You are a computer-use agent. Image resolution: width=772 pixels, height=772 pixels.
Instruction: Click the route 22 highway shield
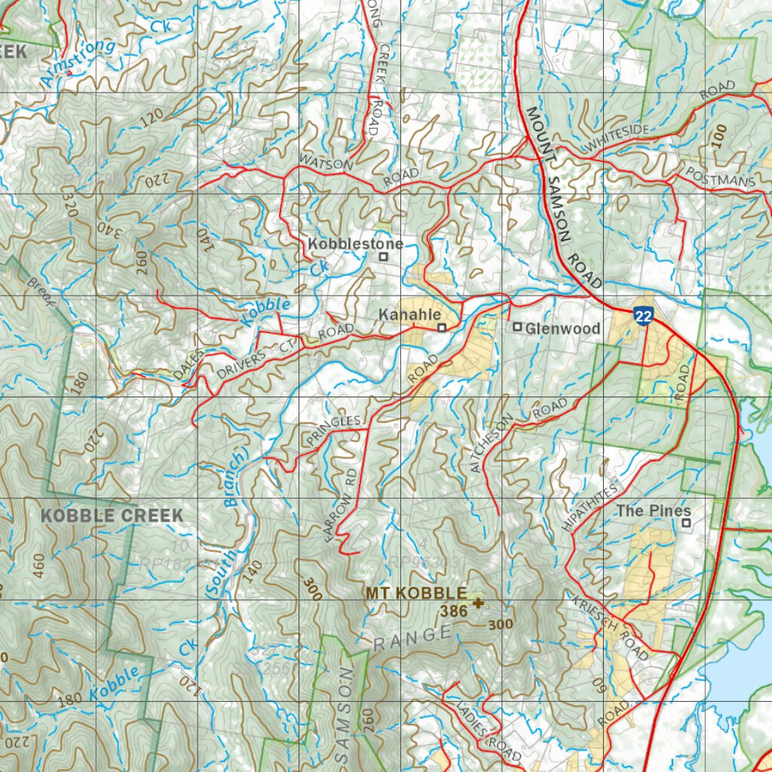pyautogui.click(x=642, y=316)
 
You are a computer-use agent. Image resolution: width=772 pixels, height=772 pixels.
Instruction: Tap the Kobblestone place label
pyautogui.click(x=355, y=244)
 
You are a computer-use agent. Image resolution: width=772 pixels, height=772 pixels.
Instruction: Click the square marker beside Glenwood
pyautogui.click(x=518, y=327)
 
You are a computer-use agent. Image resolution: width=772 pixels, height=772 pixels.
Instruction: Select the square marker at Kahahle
pyautogui.click(x=443, y=327)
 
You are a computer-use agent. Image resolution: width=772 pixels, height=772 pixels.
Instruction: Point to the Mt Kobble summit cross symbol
pyautogui.click(x=477, y=602)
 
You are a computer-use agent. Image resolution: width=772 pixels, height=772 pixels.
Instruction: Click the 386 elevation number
pyautogui.click(x=455, y=612)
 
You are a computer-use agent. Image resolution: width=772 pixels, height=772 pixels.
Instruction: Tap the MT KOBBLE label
pyautogui.click(x=416, y=593)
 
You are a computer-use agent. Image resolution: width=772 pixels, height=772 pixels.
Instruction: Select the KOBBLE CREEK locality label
pyautogui.click(x=112, y=516)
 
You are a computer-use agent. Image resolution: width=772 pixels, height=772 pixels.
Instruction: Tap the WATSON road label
pyautogui.click(x=326, y=162)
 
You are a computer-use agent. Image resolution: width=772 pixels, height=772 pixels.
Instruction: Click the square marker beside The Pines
pyautogui.click(x=686, y=522)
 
